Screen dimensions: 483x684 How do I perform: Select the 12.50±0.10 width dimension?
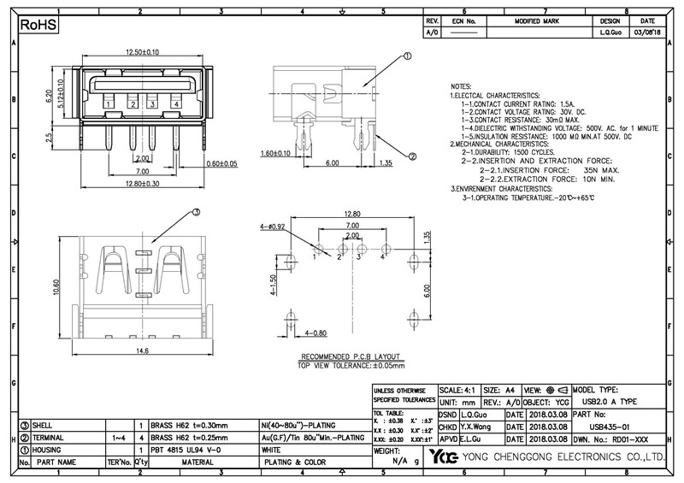[x=141, y=53]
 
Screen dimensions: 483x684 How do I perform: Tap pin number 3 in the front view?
[x=152, y=103]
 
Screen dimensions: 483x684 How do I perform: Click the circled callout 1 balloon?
[x=407, y=56]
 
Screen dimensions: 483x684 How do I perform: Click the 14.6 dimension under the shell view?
[x=142, y=350]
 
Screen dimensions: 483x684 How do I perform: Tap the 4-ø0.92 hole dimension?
[x=271, y=227]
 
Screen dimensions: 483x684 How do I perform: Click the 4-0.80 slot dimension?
[x=292, y=332]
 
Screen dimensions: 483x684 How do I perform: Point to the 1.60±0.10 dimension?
[x=278, y=153]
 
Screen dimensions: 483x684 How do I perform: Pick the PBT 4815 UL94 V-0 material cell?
[x=186, y=449]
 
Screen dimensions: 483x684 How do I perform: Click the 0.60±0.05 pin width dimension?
[x=221, y=162]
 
